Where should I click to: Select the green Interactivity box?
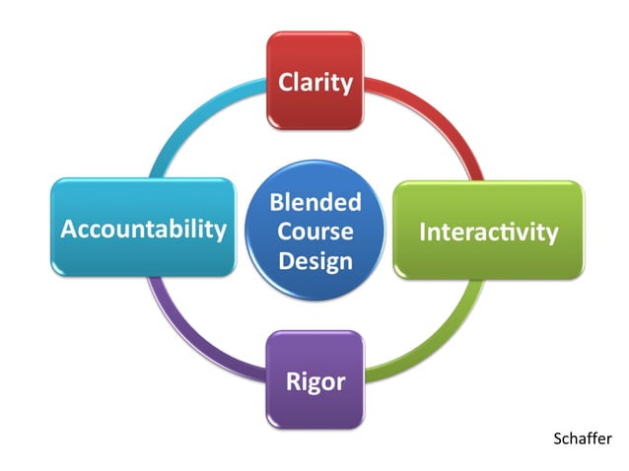click(489, 232)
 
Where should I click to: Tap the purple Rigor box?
click(314, 380)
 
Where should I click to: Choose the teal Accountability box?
click(143, 229)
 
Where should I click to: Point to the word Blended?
click(315, 203)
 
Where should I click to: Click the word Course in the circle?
click(315, 232)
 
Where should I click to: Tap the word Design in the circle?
click(315, 261)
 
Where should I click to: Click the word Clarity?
click(315, 82)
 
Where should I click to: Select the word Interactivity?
click(489, 233)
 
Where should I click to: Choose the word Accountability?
click(143, 230)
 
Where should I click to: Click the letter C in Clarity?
click(286, 82)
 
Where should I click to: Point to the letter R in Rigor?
click(293, 380)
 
